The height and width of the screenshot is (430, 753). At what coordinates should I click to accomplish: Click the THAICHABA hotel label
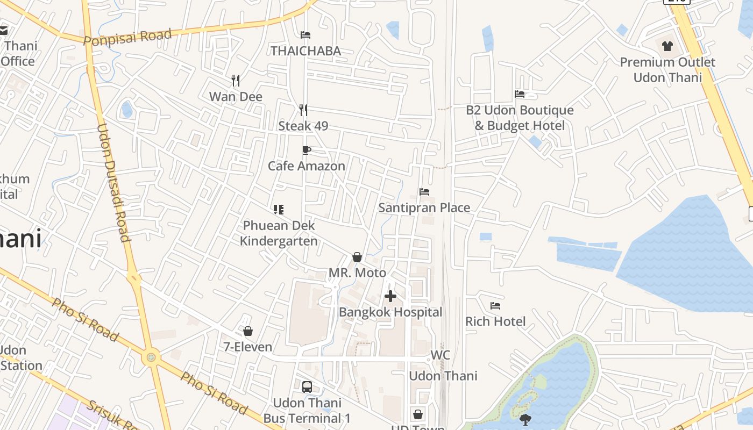pyautogui.click(x=306, y=51)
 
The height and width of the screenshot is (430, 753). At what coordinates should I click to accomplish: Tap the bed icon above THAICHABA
pyautogui.click(x=306, y=35)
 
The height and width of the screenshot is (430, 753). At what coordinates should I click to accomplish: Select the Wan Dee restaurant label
pyautogui.click(x=236, y=97)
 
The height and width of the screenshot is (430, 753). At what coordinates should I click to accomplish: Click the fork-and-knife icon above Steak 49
pyautogui.click(x=303, y=110)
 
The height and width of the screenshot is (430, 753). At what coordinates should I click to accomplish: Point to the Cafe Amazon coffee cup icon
pyautogui.click(x=306, y=150)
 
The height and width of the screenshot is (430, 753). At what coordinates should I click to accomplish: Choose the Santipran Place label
pyautogui.click(x=424, y=207)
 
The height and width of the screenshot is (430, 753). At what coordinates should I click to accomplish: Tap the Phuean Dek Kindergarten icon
pyautogui.click(x=278, y=210)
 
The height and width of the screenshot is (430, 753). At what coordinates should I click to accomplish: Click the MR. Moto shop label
pyautogui.click(x=357, y=273)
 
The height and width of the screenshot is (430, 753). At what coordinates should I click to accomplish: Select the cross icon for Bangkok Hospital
pyautogui.click(x=390, y=296)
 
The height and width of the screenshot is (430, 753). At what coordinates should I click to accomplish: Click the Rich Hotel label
pyautogui.click(x=495, y=321)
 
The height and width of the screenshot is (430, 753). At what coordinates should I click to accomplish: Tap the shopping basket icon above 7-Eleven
pyautogui.click(x=248, y=331)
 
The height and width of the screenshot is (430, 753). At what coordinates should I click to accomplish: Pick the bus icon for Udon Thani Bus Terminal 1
pyautogui.click(x=307, y=387)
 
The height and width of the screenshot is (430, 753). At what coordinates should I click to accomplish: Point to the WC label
pyautogui.click(x=440, y=355)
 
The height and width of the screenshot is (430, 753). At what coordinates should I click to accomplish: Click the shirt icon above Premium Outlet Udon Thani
pyautogui.click(x=667, y=46)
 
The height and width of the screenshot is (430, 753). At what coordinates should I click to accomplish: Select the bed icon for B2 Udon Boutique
pyautogui.click(x=520, y=94)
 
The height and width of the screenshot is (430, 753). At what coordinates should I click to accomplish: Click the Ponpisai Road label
pyautogui.click(x=127, y=37)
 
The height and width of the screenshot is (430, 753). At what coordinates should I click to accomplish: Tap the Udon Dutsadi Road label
pyautogui.click(x=113, y=183)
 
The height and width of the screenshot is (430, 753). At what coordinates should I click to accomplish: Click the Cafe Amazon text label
pyautogui.click(x=307, y=166)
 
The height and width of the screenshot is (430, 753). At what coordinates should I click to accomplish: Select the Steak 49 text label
pyautogui.click(x=303, y=126)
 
